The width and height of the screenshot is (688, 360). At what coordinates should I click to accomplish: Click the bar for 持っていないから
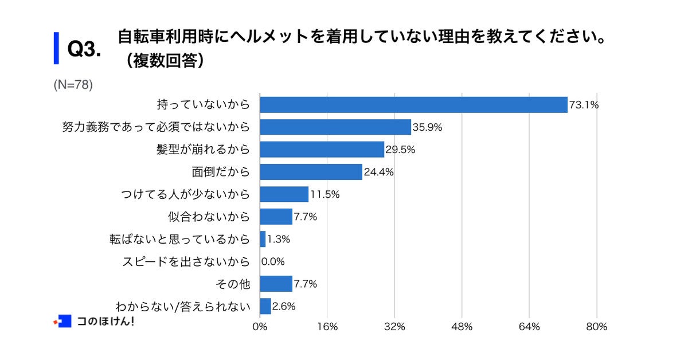(413, 105)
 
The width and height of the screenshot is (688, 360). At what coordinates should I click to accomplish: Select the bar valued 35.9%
(335, 127)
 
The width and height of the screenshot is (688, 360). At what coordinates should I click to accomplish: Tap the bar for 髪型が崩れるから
(322, 150)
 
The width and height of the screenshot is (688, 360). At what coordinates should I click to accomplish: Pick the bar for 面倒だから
(311, 172)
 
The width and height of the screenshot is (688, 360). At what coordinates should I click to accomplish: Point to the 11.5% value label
(325, 194)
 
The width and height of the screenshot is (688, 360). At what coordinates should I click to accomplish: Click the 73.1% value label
(584, 105)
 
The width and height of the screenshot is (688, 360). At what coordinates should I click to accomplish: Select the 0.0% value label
(273, 262)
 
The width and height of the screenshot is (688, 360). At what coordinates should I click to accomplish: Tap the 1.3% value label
(279, 240)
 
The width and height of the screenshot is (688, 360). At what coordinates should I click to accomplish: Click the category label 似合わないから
(209, 217)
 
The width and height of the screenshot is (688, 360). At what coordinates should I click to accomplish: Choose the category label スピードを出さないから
(186, 262)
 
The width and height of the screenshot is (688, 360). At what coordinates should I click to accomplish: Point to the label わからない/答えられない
(183, 307)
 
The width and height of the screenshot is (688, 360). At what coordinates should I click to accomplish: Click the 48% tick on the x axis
(462, 327)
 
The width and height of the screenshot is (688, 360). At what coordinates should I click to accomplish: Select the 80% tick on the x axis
(597, 327)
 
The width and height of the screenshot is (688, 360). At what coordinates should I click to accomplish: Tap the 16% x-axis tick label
(327, 327)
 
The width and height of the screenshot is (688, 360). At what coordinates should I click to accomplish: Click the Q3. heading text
(84, 49)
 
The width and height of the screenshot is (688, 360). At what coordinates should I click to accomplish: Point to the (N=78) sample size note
(73, 85)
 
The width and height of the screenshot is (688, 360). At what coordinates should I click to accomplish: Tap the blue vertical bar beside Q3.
(56, 48)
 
